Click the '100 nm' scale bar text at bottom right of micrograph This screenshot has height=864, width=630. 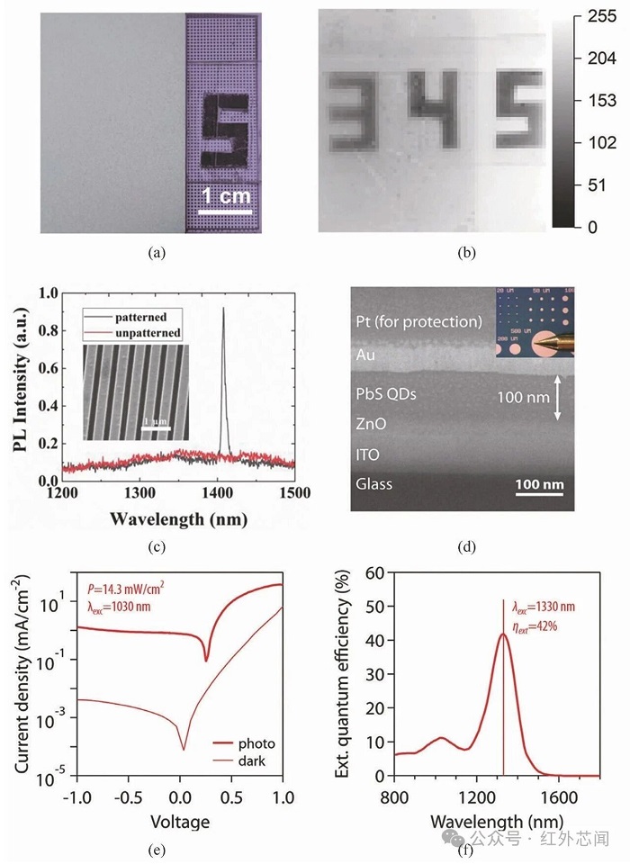point(539,485)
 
